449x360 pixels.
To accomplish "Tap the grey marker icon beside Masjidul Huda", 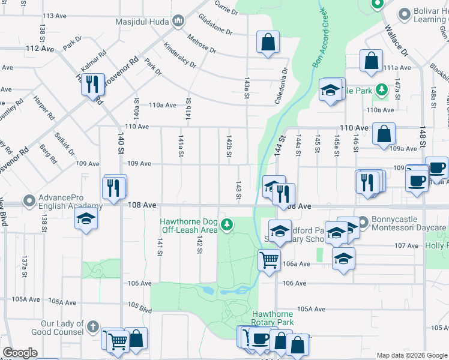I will click(178, 22).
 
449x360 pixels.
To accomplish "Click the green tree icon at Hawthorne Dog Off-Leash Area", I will click(227, 225).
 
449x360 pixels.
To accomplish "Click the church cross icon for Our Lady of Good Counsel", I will click(92, 327).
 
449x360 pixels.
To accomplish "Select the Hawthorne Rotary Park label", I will click(273, 318).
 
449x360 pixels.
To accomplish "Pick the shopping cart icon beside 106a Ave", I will click(268, 260).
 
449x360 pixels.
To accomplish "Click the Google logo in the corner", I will click(20, 353).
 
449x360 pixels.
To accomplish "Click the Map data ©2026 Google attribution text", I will click(411, 355).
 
